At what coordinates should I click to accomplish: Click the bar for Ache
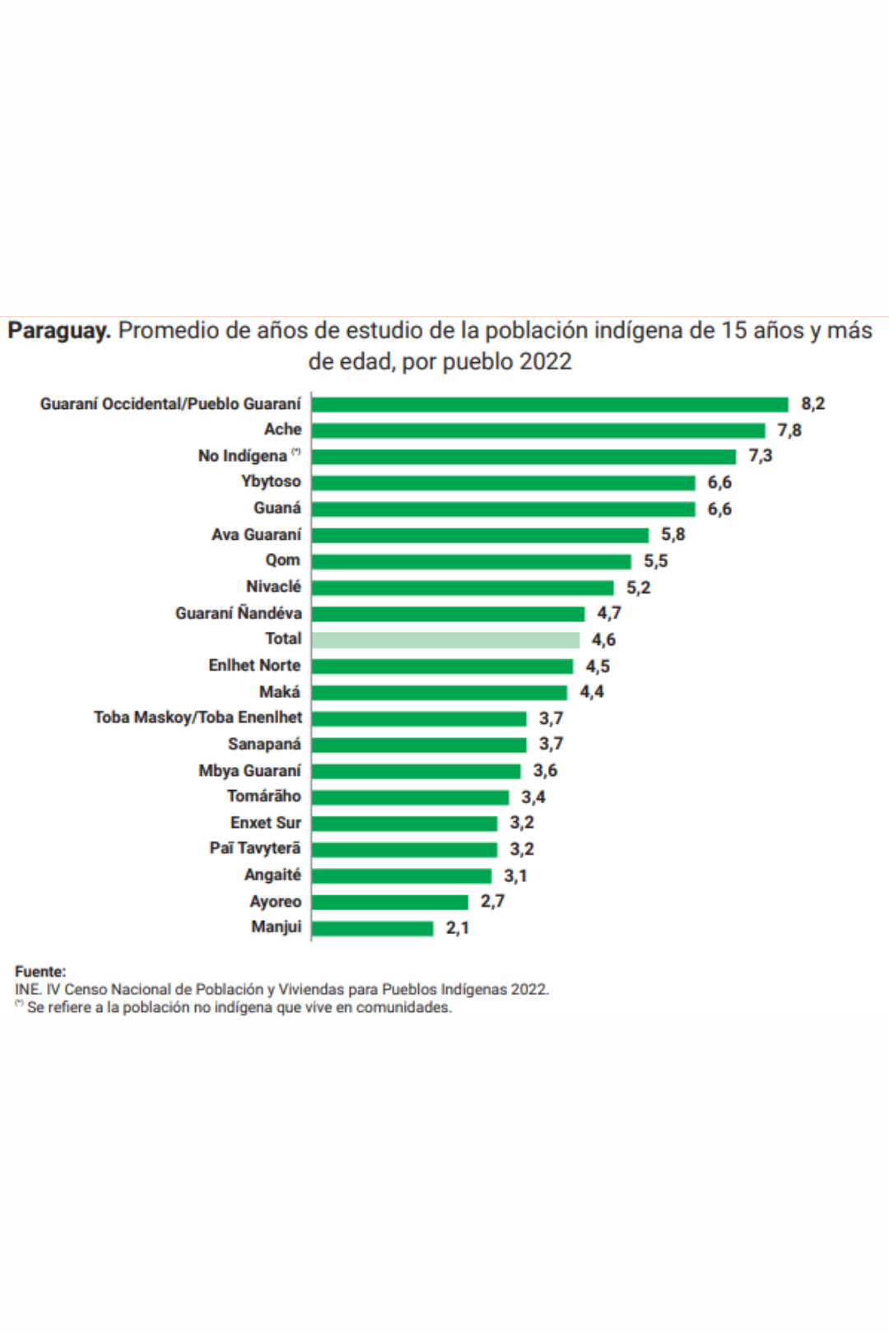(538, 430)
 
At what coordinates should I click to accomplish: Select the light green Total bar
(445, 640)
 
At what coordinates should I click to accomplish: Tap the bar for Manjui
(373, 928)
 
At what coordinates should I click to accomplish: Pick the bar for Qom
(471, 561)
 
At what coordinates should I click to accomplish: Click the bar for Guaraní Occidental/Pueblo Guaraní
(550, 404)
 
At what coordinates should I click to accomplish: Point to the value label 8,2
(812, 404)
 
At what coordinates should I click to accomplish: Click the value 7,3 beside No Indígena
(760, 456)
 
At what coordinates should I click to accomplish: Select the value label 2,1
(457, 928)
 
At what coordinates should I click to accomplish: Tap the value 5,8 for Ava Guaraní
(673, 535)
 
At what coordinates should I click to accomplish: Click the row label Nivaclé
(273, 587)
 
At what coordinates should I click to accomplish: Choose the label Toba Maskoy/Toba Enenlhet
(198, 718)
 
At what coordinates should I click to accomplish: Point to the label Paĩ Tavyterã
(254, 848)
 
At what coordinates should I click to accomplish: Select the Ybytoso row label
(271, 481)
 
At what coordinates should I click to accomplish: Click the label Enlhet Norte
(254, 666)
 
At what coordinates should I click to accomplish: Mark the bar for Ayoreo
(389, 902)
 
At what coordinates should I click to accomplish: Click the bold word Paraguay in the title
(58, 331)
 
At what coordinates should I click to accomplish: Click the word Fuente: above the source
(40, 972)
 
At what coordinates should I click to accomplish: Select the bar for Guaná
(503, 509)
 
